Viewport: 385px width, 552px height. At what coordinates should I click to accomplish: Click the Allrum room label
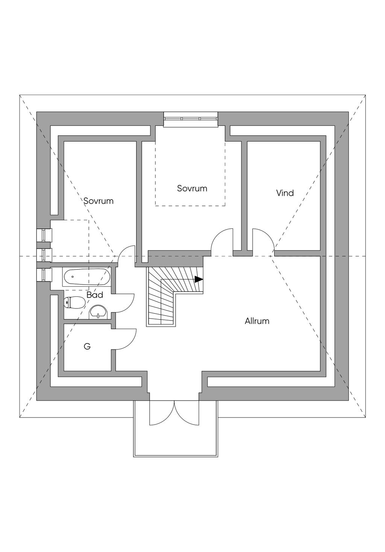(x=257, y=321)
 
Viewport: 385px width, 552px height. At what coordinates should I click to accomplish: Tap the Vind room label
(x=285, y=193)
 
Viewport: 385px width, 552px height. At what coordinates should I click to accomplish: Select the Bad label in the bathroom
(x=95, y=295)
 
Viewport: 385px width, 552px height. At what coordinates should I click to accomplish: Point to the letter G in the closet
(x=87, y=346)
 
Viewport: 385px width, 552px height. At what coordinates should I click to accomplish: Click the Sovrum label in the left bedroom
(x=99, y=201)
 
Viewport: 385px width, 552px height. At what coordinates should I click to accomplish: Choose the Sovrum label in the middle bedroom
(x=192, y=188)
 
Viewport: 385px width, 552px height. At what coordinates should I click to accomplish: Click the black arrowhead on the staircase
(x=199, y=279)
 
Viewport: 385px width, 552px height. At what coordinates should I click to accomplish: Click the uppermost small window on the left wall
(x=44, y=235)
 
